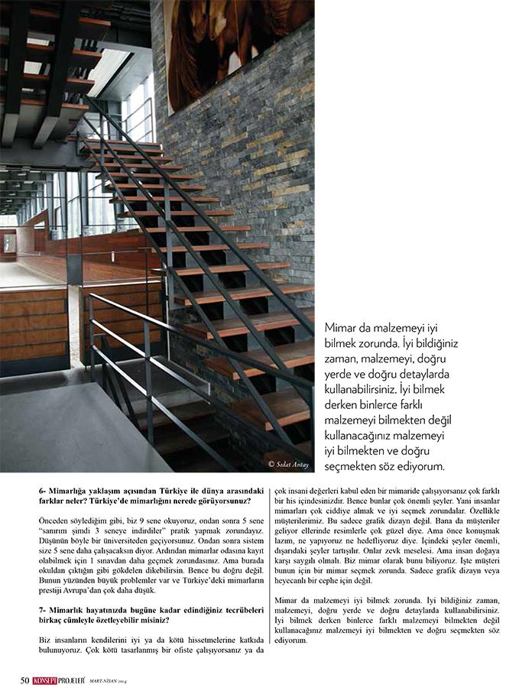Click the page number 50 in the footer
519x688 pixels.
tap(24, 680)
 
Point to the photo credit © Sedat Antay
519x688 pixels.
tap(288, 464)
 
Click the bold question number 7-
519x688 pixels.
tap(44, 608)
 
